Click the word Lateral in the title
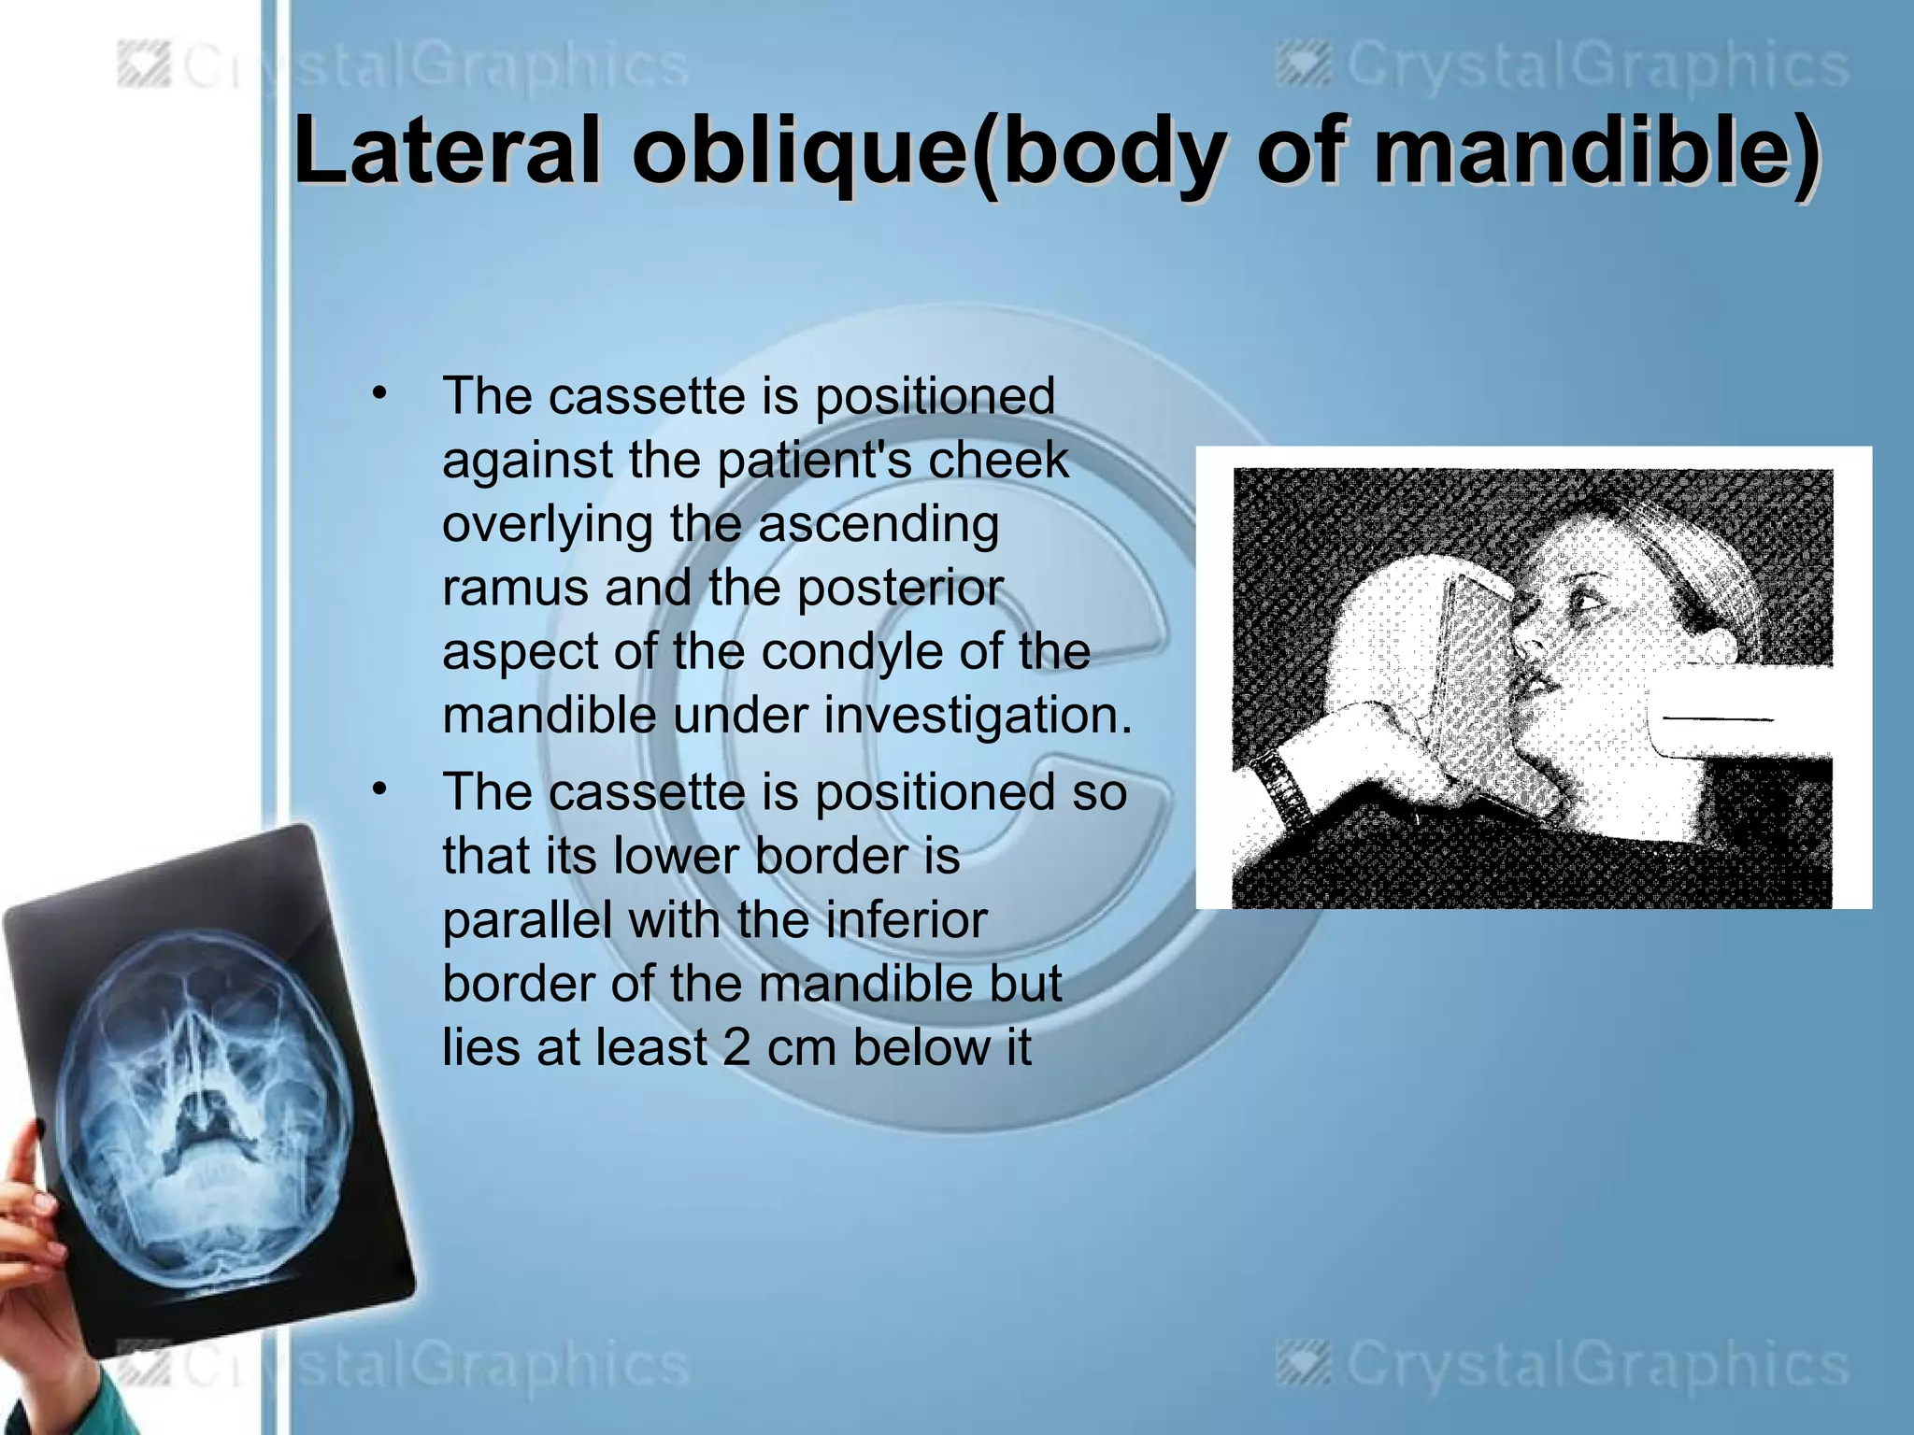[446, 151]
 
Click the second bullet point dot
[378, 789]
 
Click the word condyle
[852, 651]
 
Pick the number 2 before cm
[736, 1047]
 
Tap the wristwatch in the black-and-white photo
[1279, 787]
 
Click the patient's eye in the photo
[1588, 599]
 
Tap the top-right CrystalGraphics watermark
[1564, 67]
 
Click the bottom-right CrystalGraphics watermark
[1564, 1365]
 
